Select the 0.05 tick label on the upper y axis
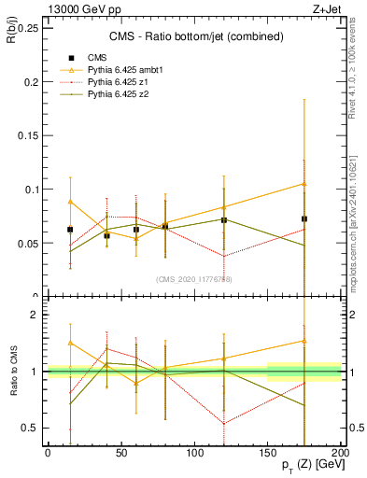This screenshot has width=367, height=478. [28, 243]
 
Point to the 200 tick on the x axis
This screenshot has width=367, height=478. [341, 452]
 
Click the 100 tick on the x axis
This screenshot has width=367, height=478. [194, 452]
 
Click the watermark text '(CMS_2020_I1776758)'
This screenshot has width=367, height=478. [194, 279]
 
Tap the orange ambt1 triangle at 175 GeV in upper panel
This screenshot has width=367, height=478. [304, 183]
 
